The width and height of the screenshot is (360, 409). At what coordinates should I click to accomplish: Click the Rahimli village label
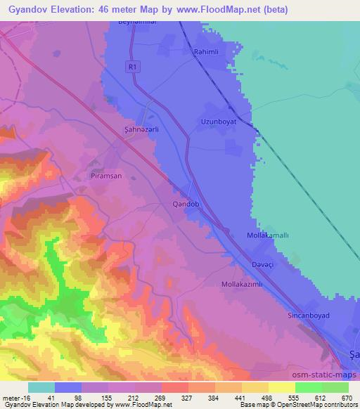[x=207, y=53]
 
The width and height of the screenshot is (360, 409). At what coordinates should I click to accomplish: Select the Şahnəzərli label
[x=136, y=129]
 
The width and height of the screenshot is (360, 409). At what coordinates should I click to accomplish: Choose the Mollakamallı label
[x=268, y=237]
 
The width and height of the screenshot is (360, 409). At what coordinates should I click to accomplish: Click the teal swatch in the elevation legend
[x=41, y=387]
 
